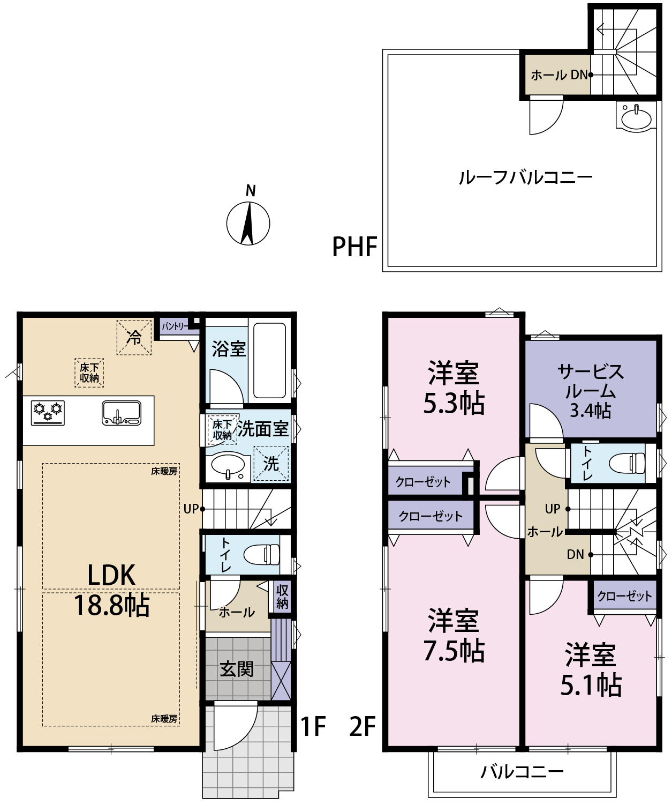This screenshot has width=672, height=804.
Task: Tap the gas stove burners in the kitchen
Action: tap(48, 413)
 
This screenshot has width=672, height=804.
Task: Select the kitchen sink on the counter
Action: tap(122, 413)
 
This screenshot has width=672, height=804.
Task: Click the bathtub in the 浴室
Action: tap(269, 360)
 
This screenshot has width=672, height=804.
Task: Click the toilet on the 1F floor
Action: tap(261, 555)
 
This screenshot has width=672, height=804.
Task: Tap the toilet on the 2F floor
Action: tap(627, 463)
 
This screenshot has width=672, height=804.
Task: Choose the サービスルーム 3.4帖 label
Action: tap(591, 391)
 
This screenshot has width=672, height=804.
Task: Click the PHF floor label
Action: tap(354, 247)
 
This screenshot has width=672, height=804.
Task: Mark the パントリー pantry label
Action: tap(175, 326)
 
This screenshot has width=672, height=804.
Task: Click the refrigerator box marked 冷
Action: tap(134, 337)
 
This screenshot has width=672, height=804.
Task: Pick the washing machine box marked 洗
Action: tap(271, 463)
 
